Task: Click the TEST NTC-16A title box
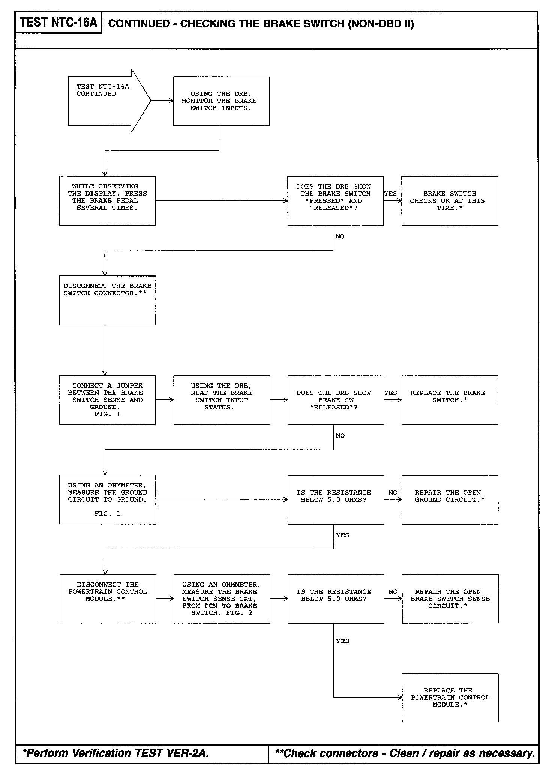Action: tap(58, 23)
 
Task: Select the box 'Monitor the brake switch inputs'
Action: tap(221, 101)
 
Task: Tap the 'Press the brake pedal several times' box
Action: tap(107, 201)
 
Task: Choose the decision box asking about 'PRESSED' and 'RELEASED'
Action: tap(335, 201)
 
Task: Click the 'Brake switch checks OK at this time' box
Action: tap(450, 201)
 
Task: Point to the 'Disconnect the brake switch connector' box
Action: tap(107, 300)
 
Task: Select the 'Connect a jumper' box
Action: tap(107, 400)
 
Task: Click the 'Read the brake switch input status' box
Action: tap(222, 400)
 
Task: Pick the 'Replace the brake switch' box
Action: tap(450, 400)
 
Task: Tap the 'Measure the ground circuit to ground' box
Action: tap(107, 499)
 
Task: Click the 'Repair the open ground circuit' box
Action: tap(450, 499)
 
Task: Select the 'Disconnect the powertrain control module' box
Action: tap(108, 599)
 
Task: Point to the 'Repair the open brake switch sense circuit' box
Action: tap(450, 599)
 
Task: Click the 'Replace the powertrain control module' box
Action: tap(450, 698)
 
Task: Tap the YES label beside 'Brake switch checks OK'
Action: tap(390, 194)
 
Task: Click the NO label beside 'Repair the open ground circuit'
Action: tap(393, 492)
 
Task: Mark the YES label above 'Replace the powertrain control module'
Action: tap(343, 641)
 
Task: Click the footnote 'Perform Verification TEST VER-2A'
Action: tap(116, 753)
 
